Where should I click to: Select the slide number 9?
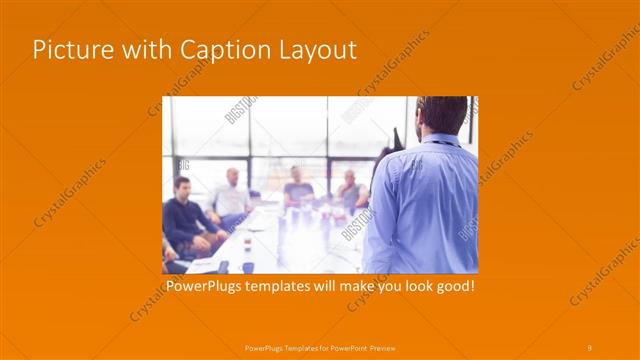click(x=590, y=347)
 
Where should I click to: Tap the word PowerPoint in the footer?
click(x=344, y=347)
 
